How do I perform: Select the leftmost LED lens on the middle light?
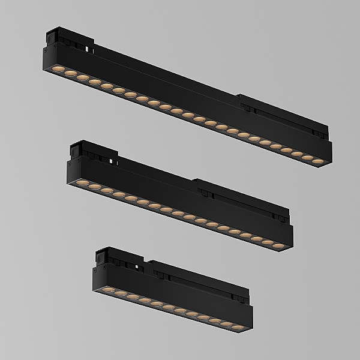[82, 182]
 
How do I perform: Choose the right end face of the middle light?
[291, 238]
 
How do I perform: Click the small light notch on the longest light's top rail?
[89, 47]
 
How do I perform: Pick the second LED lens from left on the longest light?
[70, 74]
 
